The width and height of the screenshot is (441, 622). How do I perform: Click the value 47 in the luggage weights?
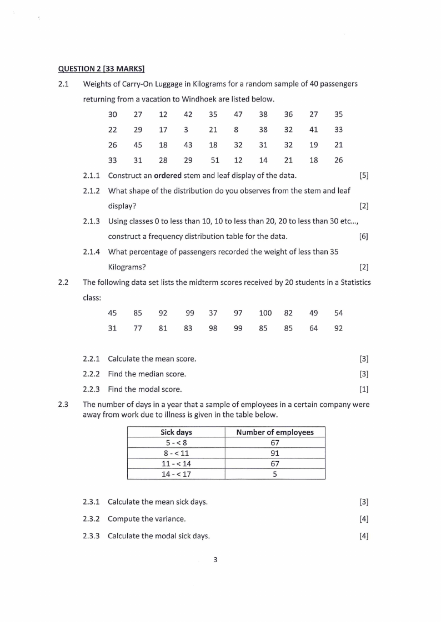(x=238, y=115)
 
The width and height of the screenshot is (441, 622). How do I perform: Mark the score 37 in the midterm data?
(x=213, y=313)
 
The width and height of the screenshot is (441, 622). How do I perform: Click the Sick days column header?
(x=176, y=432)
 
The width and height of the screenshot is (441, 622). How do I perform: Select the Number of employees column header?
(x=274, y=432)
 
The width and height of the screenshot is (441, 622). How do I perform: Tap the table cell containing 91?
(x=274, y=453)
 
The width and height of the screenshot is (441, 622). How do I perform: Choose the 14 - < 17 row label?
(x=176, y=474)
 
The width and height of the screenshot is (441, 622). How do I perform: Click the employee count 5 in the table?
(x=274, y=474)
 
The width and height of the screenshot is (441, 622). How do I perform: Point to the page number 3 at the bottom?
(x=215, y=559)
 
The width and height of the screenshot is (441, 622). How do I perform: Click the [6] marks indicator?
(x=364, y=237)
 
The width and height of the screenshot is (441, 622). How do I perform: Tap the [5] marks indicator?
(x=364, y=176)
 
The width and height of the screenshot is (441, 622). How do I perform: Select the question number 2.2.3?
(x=91, y=389)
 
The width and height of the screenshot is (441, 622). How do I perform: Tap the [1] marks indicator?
(x=364, y=389)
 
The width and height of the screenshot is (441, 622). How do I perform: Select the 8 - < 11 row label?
(x=176, y=453)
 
